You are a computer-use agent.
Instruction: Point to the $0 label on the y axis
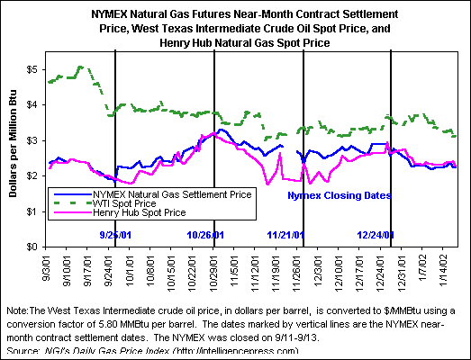(x=32, y=247)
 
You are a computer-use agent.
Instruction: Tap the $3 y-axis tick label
(x=32, y=140)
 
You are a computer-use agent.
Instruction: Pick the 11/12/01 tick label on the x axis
(x=255, y=274)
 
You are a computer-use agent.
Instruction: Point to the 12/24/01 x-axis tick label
(x=381, y=274)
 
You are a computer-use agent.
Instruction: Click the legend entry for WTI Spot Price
(x=124, y=203)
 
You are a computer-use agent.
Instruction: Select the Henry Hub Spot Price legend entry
(x=140, y=212)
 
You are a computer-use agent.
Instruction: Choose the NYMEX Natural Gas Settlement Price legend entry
(x=172, y=194)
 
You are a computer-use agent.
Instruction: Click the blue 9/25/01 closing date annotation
(x=115, y=235)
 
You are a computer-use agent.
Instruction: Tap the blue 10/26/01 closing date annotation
(x=205, y=235)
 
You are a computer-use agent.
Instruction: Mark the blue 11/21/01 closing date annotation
(x=285, y=235)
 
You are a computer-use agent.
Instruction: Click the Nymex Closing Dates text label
(x=340, y=195)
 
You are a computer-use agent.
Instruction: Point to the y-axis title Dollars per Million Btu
(x=13, y=143)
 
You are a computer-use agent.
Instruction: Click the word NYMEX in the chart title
(x=108, y=14)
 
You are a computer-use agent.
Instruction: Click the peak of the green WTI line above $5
(x=80, y=67)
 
